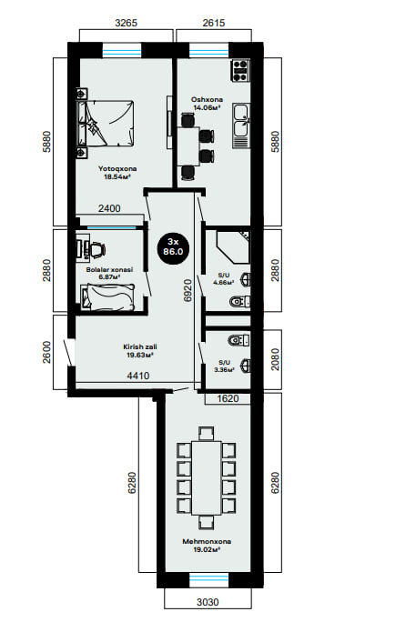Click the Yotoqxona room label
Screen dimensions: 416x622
pyautogui.click(x=117, y=169)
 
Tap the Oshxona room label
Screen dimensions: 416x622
pyautogui.click(x=207, y=99)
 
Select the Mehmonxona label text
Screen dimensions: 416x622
pyautogui.click(x=207, y=541)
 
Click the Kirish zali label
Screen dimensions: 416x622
pyautogui.click(x=139, y=347)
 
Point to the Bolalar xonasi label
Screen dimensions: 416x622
pyautogui.click(x=109, y=270)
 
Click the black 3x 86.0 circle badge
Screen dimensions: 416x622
pyautogui.click(x=173, y=246)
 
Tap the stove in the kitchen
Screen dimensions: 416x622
pyautogui.click(x=240, y=70)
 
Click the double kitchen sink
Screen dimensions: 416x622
pyautogui.click(x=241, y=125)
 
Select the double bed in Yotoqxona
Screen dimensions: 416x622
pyautogui.click(x=106, y=124)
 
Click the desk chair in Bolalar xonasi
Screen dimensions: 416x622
pyautogui.click(x=96, y=249)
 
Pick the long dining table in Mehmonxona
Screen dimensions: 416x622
pyautogui.click(x=207, y=477)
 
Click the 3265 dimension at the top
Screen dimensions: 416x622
pyautogui.click(x=126, y=23)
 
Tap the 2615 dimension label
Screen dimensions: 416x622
pyautogui.click(x=214, y=23)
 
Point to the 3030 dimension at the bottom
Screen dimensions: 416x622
pyautogui.click(x=208, y=602)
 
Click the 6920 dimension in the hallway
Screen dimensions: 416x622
pyautogui.click(x=188, y=290)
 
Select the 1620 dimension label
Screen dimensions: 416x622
pyautogui.click(x=228, y=398)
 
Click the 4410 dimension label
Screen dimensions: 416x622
pyautogui.click(x=138, y=376)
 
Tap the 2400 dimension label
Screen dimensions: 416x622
pyautogui.click(x=109, y=208)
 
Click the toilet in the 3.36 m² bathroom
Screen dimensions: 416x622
pyautogui.click(x=239, y=340)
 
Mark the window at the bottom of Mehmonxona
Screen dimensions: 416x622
pyautogui.click(x=208, y=580)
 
